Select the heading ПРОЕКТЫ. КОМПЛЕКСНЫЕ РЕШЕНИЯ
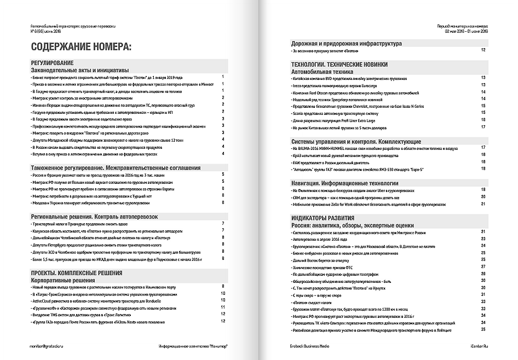click(x=76, y=272)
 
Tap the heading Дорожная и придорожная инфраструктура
click(x=347, y=43)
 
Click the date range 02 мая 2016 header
click(x=465, y=31)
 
